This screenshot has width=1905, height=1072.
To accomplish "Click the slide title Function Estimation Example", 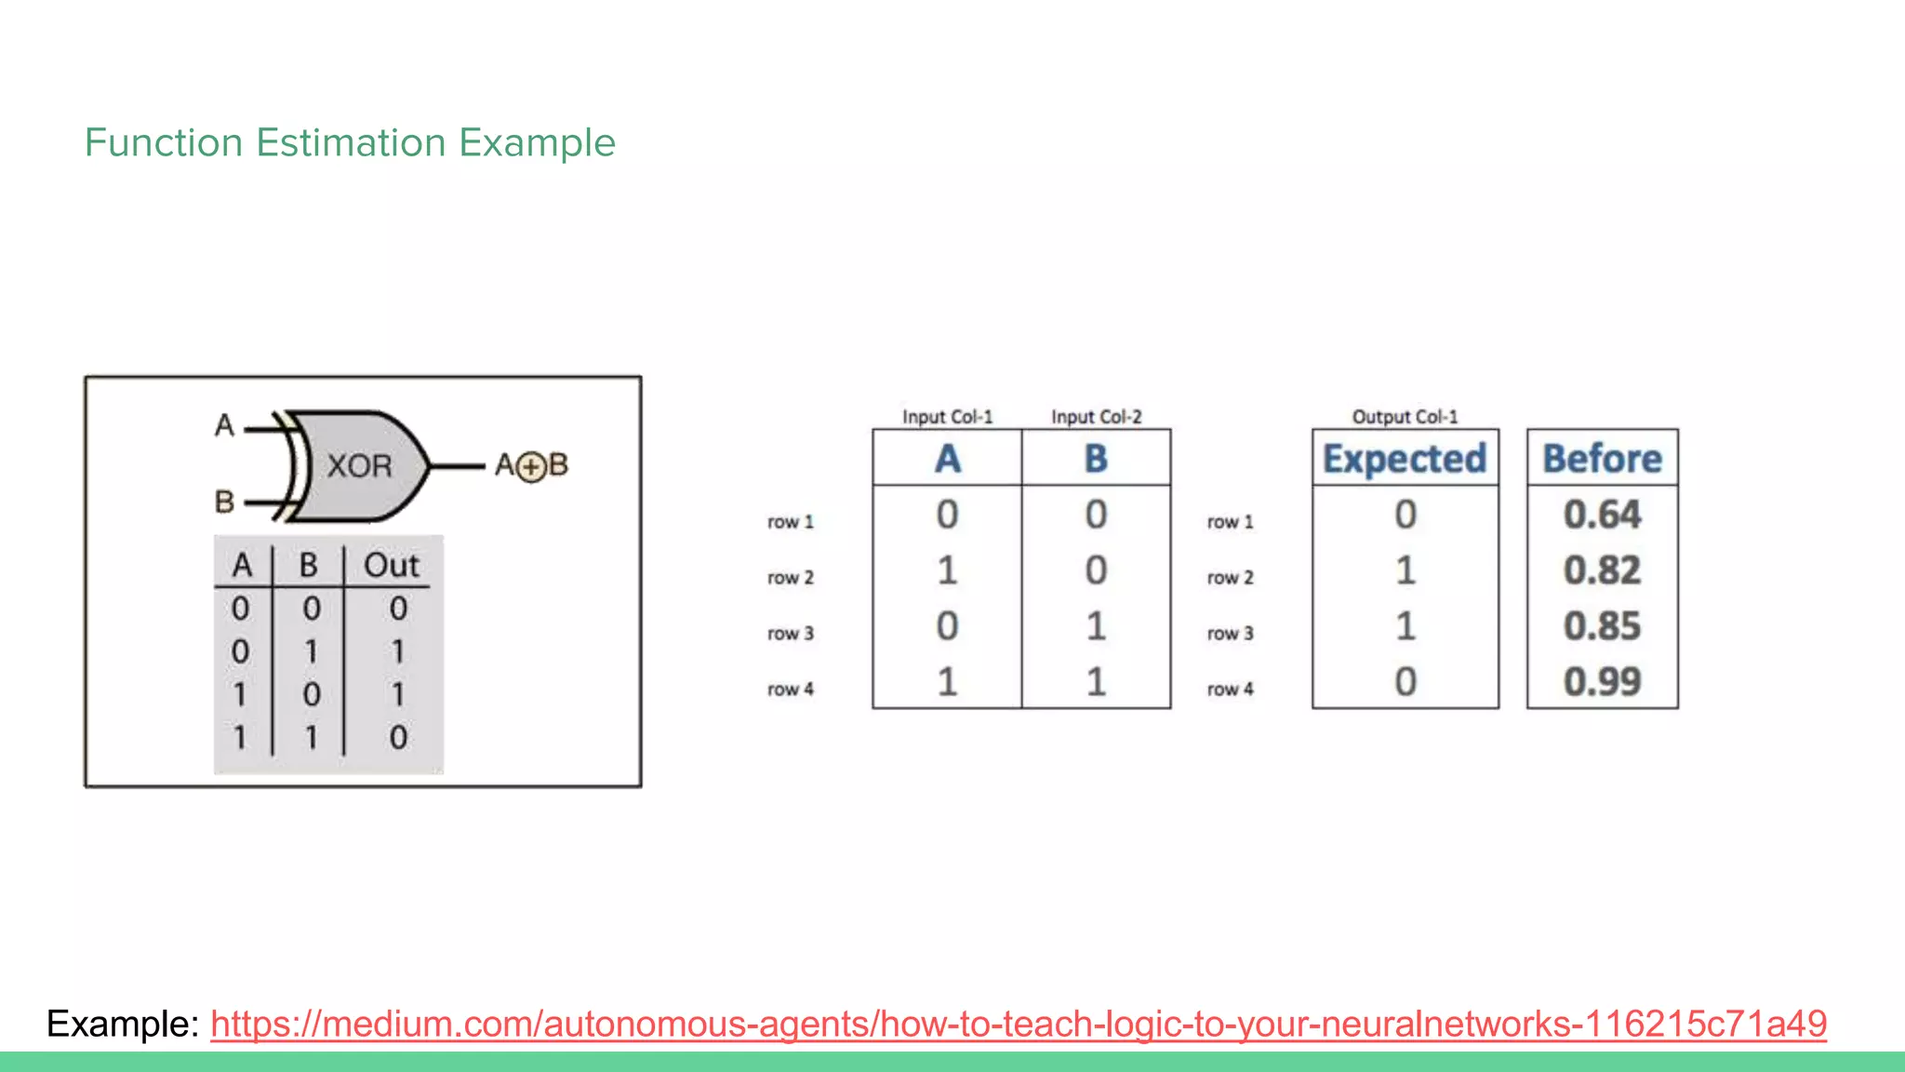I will click(x=350, y=142).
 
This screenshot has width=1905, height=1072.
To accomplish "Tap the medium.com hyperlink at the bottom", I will click(x=1019, y=1024).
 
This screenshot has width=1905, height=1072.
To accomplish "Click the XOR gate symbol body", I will click(x=359, y=465).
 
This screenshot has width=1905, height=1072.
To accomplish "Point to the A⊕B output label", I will click(x=531, y=465).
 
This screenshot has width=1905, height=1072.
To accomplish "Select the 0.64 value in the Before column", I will click(x=1602, y=515).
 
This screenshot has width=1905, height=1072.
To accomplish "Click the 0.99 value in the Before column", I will click(x=1602, y=682).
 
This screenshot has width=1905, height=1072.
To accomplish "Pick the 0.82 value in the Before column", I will click(x=1602, y=570).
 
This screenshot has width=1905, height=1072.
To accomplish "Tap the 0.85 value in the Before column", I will click(x=1602, y=626).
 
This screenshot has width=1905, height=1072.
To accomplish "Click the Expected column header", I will click(x=1405, y=459).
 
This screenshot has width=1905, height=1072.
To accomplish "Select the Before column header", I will click(x=1602, y=459).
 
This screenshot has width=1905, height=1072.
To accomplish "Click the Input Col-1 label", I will click(x=947, y=417).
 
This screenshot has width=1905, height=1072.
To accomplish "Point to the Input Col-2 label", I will click(x=1096, y=417).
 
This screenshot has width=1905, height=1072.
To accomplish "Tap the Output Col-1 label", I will click(x=1405, y=417).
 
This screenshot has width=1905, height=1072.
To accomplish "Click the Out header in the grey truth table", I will click(x=392, y=565).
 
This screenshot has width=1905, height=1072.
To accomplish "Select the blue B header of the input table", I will click(x=1096, y=459).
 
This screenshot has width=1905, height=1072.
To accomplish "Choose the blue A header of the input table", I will click(x=947, y=459).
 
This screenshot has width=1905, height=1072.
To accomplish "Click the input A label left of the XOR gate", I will click(x=224, y=425).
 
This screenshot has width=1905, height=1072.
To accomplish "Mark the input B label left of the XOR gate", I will click(x=224, y=502).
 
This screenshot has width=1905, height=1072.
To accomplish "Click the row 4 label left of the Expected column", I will click(x=1230, y=690).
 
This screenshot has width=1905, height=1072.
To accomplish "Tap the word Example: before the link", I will click(x=123, y=1024).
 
